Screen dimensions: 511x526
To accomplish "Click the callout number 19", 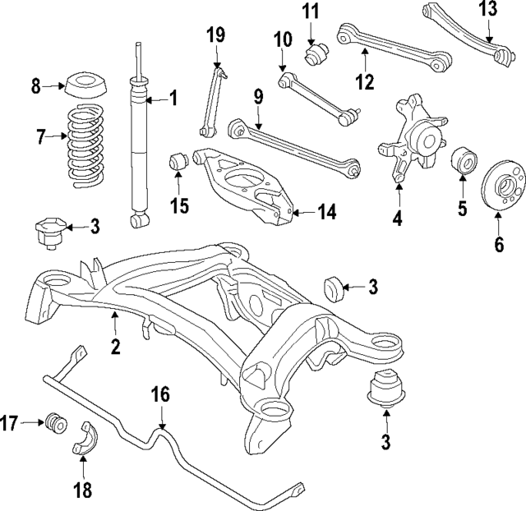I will coord(215,35).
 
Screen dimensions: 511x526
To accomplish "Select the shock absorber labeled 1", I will coord(137,148).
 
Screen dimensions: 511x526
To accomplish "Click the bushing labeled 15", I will coord(178,162).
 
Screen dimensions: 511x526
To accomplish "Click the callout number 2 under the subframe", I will coord(115,347).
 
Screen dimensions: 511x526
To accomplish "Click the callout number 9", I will coord(258,96).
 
